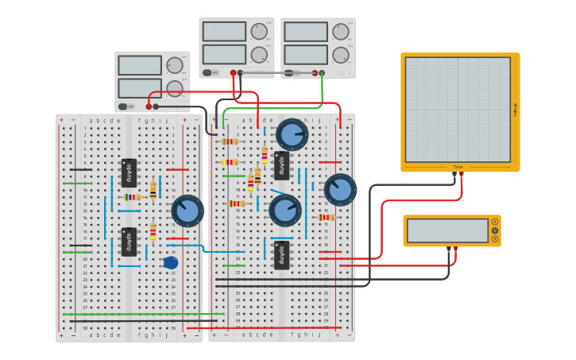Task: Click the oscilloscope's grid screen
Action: [457, 109]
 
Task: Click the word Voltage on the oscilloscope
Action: [515, 109]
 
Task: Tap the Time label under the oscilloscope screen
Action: [458, 167]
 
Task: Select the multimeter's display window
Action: [447, 230]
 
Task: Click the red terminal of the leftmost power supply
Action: [149, 106]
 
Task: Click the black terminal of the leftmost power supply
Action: [156, 106]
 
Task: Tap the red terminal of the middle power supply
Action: [233, 73]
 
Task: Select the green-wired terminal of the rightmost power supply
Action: [322, 73]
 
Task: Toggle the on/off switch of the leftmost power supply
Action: [124, 106]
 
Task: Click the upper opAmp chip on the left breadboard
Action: [129, 172]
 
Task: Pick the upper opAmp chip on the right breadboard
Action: [281, 165]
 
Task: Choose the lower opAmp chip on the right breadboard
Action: [281, 254]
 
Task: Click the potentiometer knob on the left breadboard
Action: [187, 211]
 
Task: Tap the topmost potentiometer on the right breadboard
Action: [292, 134]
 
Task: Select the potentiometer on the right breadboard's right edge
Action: [340, 190]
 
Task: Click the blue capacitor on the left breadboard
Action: [171, 263]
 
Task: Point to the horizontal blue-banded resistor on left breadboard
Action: [132, 196]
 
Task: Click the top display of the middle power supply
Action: [224, 31]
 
